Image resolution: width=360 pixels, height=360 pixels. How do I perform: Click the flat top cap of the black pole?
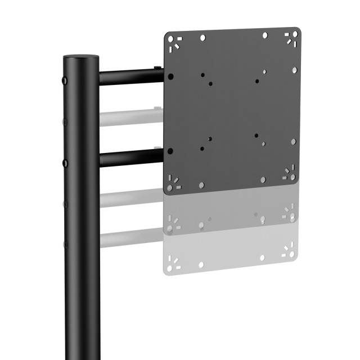81,57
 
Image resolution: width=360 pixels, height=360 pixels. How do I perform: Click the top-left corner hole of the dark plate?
174,40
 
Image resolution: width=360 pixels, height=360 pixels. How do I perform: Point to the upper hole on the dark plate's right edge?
294,70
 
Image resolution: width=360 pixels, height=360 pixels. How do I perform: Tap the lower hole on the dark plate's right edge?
293,141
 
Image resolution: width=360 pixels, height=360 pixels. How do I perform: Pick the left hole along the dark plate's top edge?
203,38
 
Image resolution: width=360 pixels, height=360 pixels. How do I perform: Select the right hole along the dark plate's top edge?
265,35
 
